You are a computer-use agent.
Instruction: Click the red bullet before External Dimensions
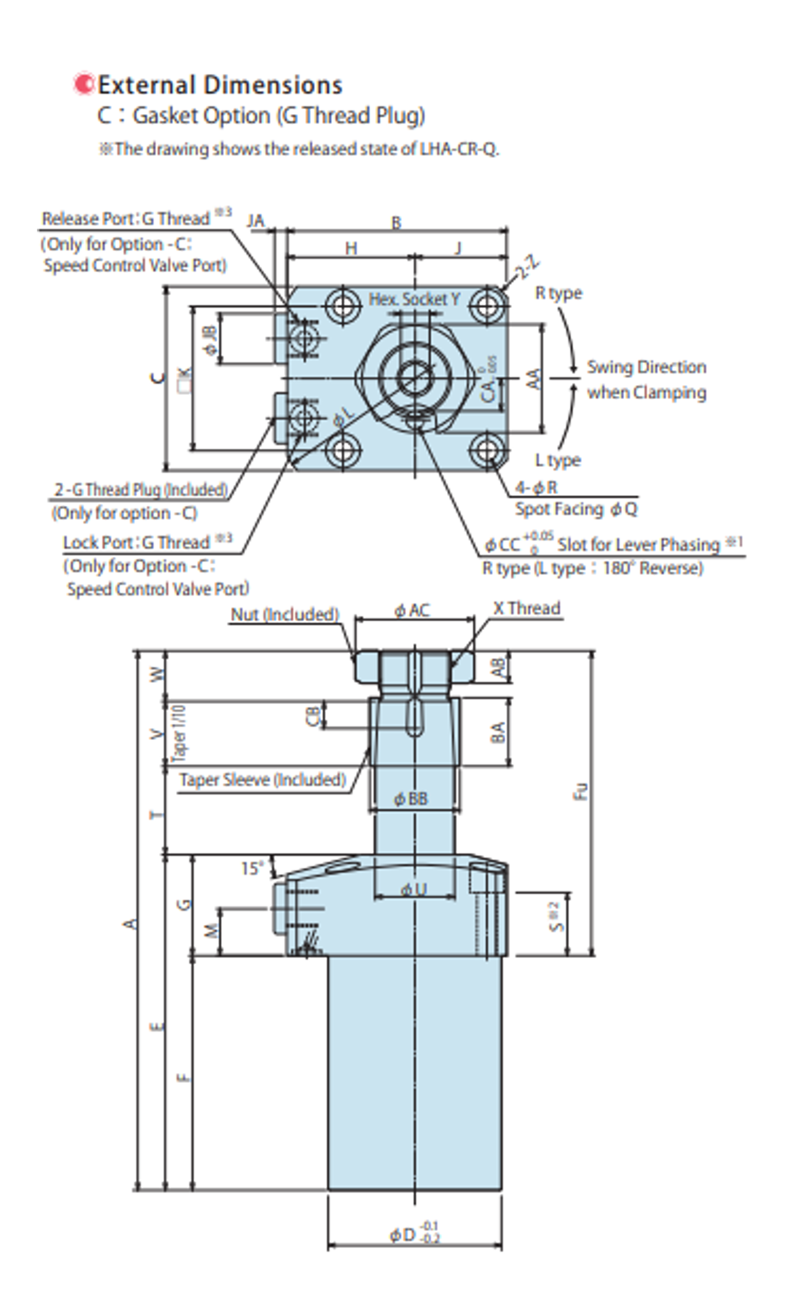pyautogui.click(x=83, y=84)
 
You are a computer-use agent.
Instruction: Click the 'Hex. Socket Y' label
pyautogui.click(x=414, y=299)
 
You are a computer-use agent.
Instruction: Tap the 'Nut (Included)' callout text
pyautogui.click(x=285, y=614)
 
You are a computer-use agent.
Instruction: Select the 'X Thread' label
pyautogui.click(x=527, y=609)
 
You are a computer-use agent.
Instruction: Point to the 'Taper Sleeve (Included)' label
pyautogui.click(x=262, y=780)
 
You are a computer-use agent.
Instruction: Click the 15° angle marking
pyautogui.click(x=252, y=869)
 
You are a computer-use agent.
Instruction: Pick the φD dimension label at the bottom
pyautogui.click(x=414, y=1234)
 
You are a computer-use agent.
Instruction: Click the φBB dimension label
pyautogui.click(x=410, y=799)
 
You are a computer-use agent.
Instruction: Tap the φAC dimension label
pyautogui.click(x=411, y=610)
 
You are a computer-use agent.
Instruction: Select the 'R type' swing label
pyautogui.click(x=558, y=293)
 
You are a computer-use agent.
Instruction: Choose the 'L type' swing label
pyautogui.click(x=557, y=460)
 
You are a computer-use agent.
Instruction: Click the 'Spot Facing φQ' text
pyautogui.click(x=576, y=509)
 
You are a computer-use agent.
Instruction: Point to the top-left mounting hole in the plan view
pyautogui.click(x=342, y=304)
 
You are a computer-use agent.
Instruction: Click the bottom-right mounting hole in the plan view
pyautogui.click(x=487, y=450)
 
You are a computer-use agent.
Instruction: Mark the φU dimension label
pyautogui.click(x=413, y=889)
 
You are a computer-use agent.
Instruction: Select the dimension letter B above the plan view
pyautogui.click(x=397, y=222)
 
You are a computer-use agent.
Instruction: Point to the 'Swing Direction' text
pyautogui.click(x=646, y=367)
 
